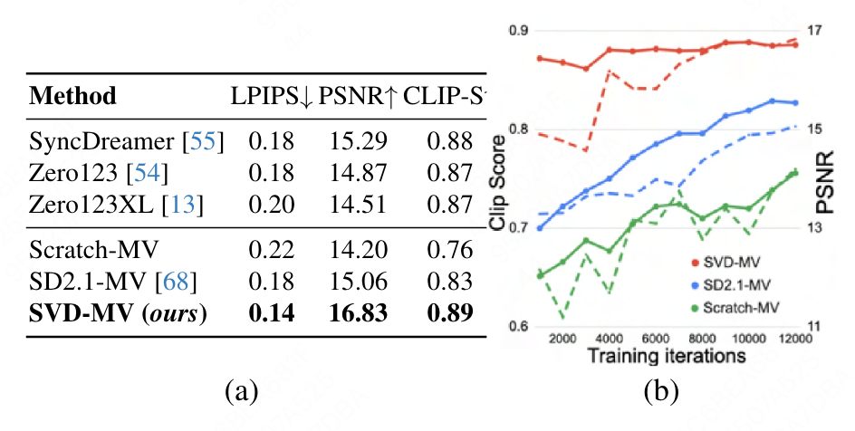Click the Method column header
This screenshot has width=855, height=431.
pyautogui.click(x=73, y=95)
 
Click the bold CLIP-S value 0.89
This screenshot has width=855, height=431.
pyautogui.click(x=450, y=312)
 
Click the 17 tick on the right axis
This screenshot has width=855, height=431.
pyautogui.click(x=813, y=31)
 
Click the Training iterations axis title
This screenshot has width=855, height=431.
pyautogui.click(x=666, y=356)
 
